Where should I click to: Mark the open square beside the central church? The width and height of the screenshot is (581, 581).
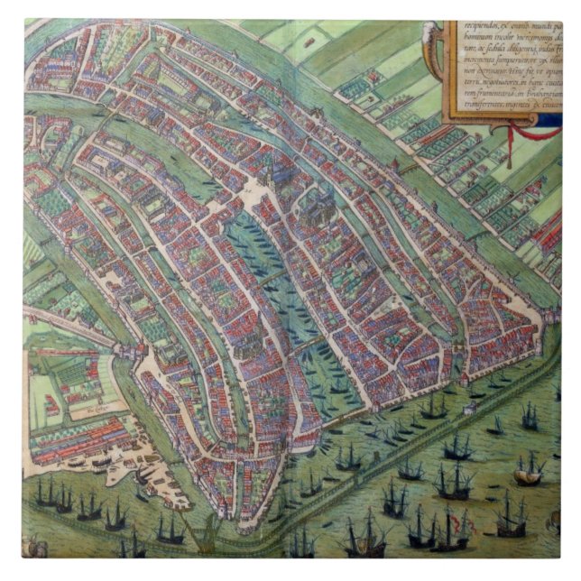[x=250, y=193]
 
